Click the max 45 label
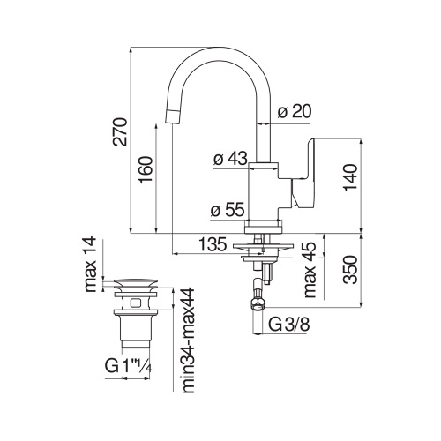[x=309, y=269]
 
